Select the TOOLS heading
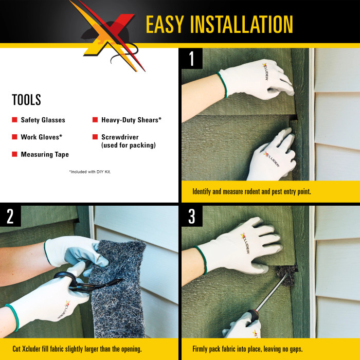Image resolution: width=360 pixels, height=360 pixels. click(x=26, y=100)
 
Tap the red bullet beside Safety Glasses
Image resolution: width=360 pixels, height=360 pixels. click(x=14, y=120)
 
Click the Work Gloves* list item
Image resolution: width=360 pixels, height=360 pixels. click(x=41, y=137)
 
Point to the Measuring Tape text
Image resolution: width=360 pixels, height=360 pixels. click(x=45, y=154)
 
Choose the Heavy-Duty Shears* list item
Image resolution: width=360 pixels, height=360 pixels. click(x=131, y=120)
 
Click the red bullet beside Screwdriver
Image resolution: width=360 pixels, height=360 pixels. click(x=95, y=137)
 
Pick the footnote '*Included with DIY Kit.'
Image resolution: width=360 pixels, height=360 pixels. click(x=90, y=171)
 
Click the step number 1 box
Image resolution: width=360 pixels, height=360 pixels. click(x=192, y=59)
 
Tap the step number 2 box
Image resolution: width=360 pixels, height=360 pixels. click(x=10, y=217)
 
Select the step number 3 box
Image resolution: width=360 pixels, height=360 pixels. click(x=192, y=217)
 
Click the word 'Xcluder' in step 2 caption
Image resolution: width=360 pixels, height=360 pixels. click(x=38, y=349)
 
